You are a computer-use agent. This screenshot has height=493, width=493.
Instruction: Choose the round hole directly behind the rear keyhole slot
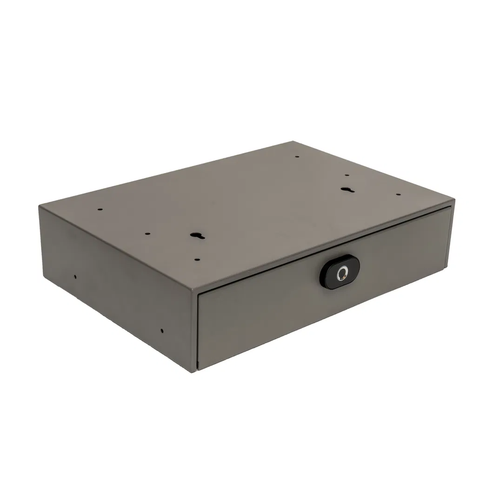click(x=347, y=175)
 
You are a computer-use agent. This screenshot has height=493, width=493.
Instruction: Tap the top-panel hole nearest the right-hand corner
click(x=398, y=195)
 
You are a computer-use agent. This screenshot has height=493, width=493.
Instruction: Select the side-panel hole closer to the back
click(x=75, y=277)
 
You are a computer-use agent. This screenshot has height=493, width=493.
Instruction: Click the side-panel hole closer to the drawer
click(x=162, y=331)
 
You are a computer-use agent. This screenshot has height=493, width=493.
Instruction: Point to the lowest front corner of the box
click(x=193, y=371)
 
